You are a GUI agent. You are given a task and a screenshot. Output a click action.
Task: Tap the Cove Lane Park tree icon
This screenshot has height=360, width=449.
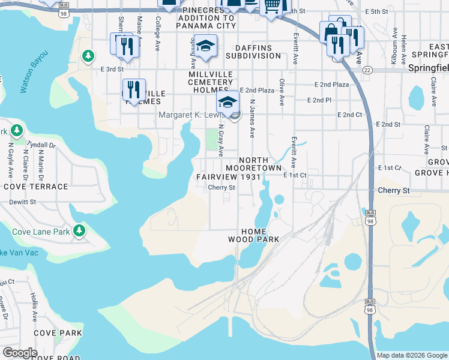click(x=79, y=230)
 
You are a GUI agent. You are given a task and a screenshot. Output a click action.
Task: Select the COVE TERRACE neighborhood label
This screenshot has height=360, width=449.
click(x=36, y=187)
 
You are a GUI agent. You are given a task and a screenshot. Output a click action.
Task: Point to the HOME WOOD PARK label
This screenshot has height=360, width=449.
click(x=254, y=235)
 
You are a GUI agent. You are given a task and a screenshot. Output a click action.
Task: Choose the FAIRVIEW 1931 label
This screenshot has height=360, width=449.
click(x=229, y=177)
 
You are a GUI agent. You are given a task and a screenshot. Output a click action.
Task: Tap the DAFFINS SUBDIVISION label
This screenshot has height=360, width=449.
click(x=253, y=52)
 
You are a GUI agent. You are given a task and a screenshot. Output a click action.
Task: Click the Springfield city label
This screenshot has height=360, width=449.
click(x=428, y=68)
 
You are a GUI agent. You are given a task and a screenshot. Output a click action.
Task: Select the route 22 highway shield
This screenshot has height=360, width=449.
click(x=367, y=70)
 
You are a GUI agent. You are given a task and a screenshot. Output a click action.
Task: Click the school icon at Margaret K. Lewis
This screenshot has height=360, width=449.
click(x=228, y=103)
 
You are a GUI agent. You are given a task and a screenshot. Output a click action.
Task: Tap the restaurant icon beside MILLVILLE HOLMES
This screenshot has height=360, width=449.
click(x=133, y=89)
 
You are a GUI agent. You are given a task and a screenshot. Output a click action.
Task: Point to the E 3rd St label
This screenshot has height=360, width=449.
click(x=112, y=69)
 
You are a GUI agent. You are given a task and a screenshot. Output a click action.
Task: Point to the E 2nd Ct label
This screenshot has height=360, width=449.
click(x=351, y=114)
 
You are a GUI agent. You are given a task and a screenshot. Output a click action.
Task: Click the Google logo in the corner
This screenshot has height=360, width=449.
click(x=20, y=353)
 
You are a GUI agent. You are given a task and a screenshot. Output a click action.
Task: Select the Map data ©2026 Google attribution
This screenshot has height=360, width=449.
click(x=412, y=355)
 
